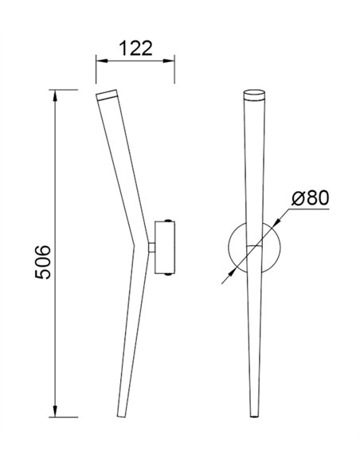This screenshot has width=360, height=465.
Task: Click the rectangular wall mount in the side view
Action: click(x=166, y=248)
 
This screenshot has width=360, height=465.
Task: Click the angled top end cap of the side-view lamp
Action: click(x=107, y=96)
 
